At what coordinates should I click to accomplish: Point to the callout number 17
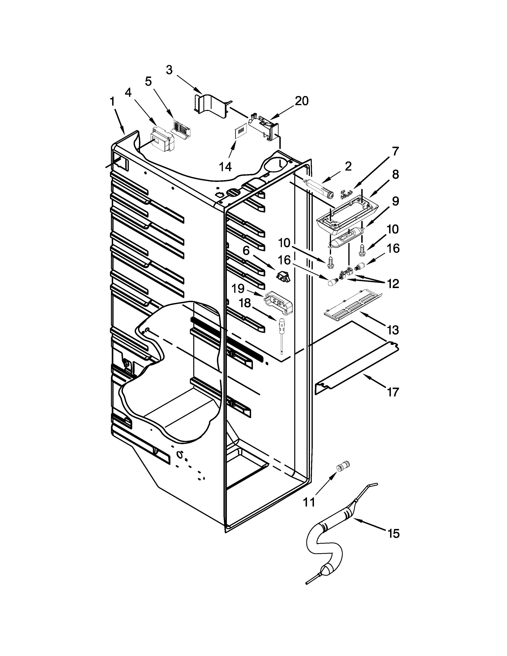coord(393,392)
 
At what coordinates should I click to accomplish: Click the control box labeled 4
coord(162,139)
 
